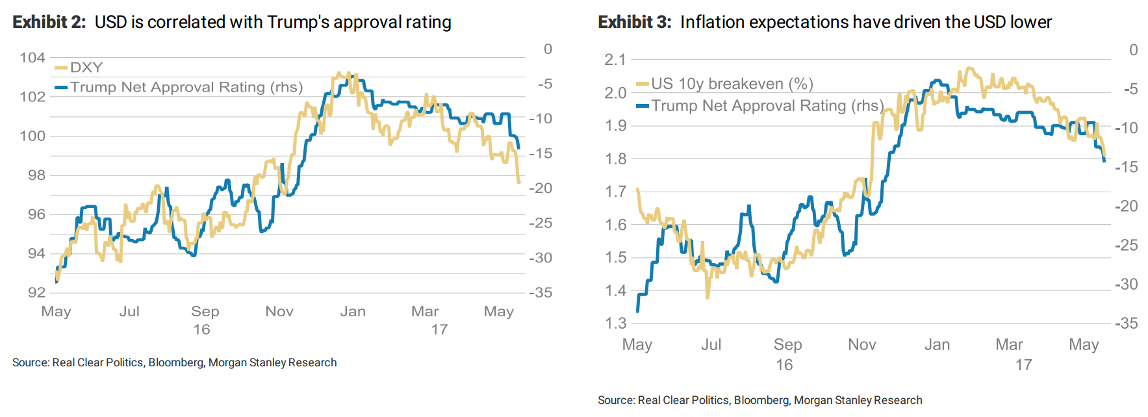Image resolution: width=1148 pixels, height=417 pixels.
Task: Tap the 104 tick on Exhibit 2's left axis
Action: pyautogui.click(x=32, y=58)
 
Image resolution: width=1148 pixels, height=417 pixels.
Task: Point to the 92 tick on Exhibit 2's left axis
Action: pyautogui.click(x=36, y=292)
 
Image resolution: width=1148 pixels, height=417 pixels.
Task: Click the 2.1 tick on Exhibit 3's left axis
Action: pyautogui.click(x=615, y=60)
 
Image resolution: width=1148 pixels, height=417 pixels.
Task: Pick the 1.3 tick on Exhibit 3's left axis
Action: pyautogui.click(x=615, y=323)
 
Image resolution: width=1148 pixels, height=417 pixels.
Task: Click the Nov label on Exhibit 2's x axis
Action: pyautogui.click(x=279, y=312)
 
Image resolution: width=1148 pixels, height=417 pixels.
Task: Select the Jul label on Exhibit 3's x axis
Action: pyautogui.click(x=711, y=345)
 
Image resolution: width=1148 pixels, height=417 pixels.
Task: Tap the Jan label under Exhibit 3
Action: pyautogui.click(x=937, y=345)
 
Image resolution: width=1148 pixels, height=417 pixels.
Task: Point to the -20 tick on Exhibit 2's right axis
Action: pyautogui.click(x=541, y=188)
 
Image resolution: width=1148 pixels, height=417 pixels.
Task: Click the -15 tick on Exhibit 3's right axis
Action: pyautogui.click(x=1127, y=167)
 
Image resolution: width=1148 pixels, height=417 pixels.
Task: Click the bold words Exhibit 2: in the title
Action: pyautogui.click(x=49, y=22)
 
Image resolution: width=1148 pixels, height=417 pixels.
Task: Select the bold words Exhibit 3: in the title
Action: pyautogui.click(x=634, y=22)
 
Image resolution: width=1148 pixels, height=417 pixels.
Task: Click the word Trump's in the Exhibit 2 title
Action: pyautogui.click(x=298, y=22)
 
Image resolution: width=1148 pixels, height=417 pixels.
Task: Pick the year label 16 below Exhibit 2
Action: pyautogui.click(x=201, y=330)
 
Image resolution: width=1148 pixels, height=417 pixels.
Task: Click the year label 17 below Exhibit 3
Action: pyautogui.click(x=1023, y=365)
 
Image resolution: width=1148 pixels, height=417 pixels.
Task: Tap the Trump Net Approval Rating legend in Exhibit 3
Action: pyautogui.click(x=767, y=106)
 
